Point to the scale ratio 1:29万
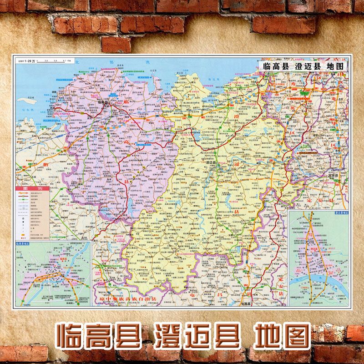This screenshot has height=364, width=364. (x=29, y=60)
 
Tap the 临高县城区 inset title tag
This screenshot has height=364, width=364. (x=28, y=244)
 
